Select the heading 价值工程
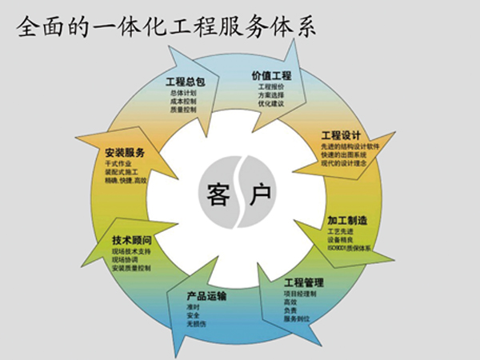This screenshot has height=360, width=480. point(271,76)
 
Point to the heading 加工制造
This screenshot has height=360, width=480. point(346,219)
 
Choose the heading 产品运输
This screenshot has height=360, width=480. point(207,296)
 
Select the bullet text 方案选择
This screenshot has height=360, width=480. point(270,96)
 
